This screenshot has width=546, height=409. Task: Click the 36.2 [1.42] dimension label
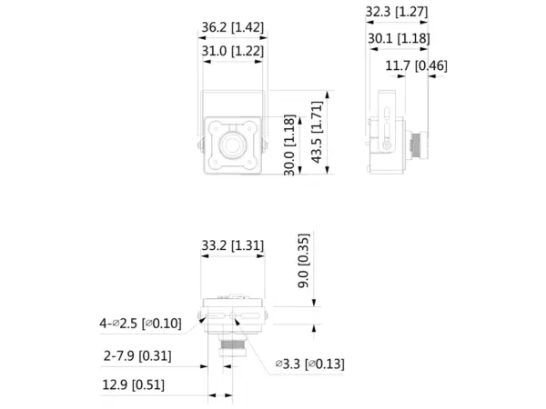pos(233,27)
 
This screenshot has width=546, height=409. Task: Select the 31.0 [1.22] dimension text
pos(233,51)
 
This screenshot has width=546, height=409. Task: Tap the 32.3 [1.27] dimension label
pos(397,12)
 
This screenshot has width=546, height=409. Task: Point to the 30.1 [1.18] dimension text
pos(399,38)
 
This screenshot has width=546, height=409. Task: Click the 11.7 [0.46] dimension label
pos(416,65)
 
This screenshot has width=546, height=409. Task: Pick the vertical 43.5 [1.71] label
pos(317,132)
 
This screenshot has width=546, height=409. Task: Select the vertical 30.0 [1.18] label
pos(289,145)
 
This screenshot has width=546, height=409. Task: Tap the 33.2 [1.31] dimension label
pos(233,245)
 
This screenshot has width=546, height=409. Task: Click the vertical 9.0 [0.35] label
pos(303,261)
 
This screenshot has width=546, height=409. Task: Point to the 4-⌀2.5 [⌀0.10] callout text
pos(140,324)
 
